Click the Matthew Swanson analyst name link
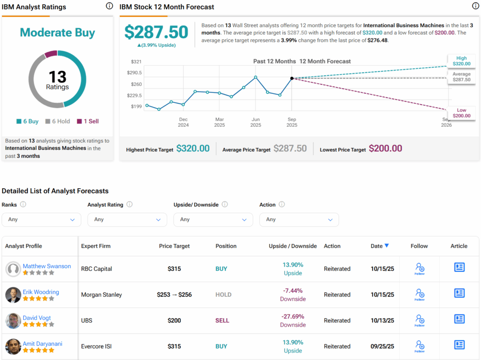(x=47, y=266)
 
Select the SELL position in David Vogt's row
(x=222, y=321)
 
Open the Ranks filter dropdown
(x=41, y=219)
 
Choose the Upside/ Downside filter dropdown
(x=213, y=219)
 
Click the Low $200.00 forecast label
(x=461, y=113)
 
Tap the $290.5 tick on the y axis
(x=134, y=73)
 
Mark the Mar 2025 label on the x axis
(x=219, y=123)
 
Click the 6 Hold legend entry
(x=57, y=121)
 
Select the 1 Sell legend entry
(x=88, y=121)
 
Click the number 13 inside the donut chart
(x=57, y=77)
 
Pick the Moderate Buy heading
(x=57, y=33)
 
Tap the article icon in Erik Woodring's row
(x=459, y=293)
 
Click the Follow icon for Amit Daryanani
(x=419, y=346)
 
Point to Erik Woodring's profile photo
(x=13, y=295)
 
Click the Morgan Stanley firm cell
(x=101, y=295)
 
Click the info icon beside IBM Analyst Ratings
(x=109, y=6)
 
